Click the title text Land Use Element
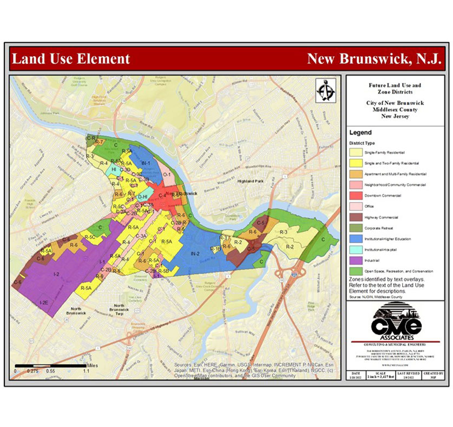point(70,58)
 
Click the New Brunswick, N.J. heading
point(375,58)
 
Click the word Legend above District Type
point(361,132)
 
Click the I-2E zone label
point(44,302)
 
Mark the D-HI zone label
point(142,197)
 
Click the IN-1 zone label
point(145,163)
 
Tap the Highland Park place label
point(249,181)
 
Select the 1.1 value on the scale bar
point(86,371)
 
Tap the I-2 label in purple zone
point(56,275)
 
